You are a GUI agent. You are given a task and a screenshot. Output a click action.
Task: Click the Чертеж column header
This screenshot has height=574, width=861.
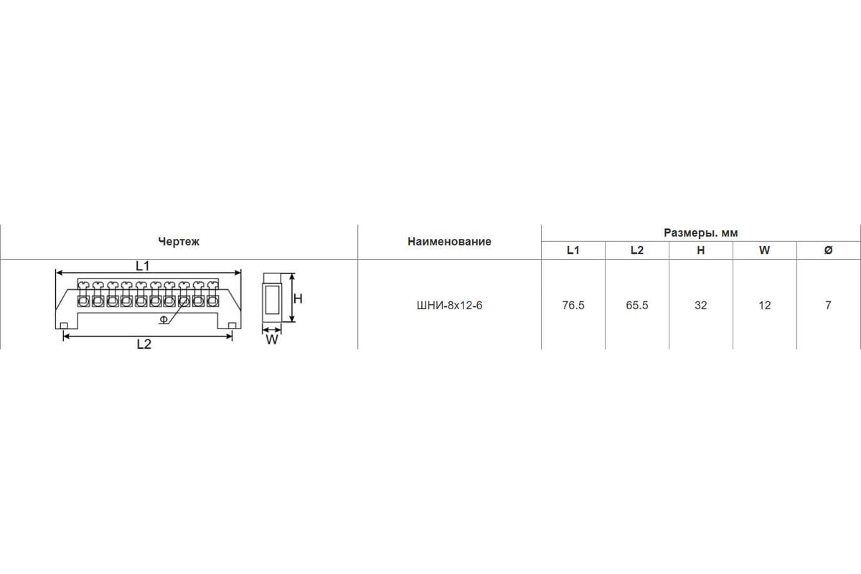pyautogui.click(x=179, y=242)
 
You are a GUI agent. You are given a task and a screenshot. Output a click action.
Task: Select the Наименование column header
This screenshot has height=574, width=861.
pyautogui.click(x=449, y=242)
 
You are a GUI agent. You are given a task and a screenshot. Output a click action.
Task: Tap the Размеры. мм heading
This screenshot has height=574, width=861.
pyautogui.click(x=701, y=233)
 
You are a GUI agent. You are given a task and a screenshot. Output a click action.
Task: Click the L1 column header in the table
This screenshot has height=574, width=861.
pyautogui.click(x=573, y=250)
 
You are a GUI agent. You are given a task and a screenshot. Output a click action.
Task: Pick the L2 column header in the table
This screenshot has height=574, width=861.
pyautogui.click(x=637, y=250)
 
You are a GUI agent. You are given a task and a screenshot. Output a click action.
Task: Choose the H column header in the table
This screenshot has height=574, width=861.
pyautogui.click(x=701, y=250)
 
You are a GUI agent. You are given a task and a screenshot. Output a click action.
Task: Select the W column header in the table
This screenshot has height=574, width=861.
pyautogui.click(x=765, y=250)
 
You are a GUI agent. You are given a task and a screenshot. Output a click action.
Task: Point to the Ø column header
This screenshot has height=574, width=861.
pyautogui.click(x=828, y=250)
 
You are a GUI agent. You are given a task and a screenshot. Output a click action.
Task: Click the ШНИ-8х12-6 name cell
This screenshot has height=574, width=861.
pyautogui.click(x=449, y=305)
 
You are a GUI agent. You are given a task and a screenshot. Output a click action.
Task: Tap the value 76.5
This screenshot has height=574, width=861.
pyautogui.click(x=573, y=305)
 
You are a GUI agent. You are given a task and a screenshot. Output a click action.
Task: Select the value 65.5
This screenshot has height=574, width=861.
pyautogui.click(x=637, y=305)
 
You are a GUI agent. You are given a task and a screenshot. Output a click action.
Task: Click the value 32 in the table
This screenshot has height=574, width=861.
pyautogui.click(x=701, y=305)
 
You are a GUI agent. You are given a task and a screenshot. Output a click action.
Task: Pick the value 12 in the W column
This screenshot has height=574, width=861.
pyautogui.click(x=765, y=305)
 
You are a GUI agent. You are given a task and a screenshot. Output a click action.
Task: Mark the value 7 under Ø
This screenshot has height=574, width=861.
pyautogui.click(x=828, y=305)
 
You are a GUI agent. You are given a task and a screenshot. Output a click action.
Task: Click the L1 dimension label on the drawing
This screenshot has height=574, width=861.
pyautogui.click(x=143, y=265)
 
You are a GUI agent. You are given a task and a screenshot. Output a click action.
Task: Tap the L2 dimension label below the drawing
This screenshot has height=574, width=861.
pyautogui.click(x=144, y=344)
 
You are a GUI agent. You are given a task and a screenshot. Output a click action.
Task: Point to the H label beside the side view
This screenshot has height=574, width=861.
pyautogui.click(x=298, y=298)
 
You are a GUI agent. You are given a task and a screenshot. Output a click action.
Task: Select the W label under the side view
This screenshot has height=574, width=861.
pyautogui.click(x=272, y=339)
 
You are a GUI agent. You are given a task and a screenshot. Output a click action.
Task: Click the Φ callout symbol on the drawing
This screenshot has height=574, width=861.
pyautogui.click(x=164, y=319)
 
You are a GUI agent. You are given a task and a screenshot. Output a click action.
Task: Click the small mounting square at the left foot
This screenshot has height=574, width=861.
pyautogui.click(x=64, y=326)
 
